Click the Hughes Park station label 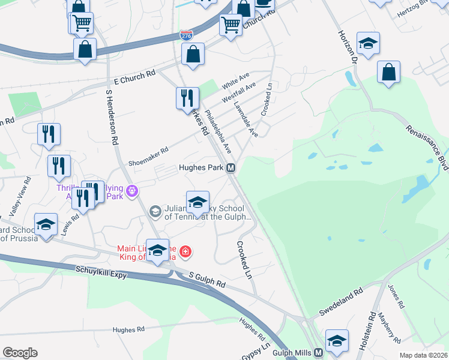201,169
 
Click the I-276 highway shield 187,35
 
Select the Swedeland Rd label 341,302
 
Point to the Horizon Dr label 348,46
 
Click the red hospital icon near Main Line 186,251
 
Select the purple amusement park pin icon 133,192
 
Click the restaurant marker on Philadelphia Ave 187,98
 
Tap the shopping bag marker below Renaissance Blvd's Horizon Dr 389,73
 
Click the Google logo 20,353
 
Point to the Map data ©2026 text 423,355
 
